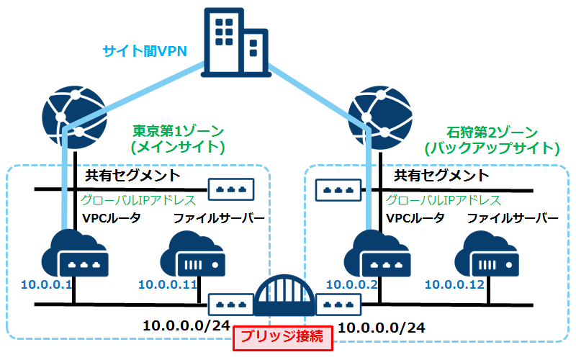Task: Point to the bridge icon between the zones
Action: point(284,296)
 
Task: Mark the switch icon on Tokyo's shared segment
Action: point(232,189)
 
